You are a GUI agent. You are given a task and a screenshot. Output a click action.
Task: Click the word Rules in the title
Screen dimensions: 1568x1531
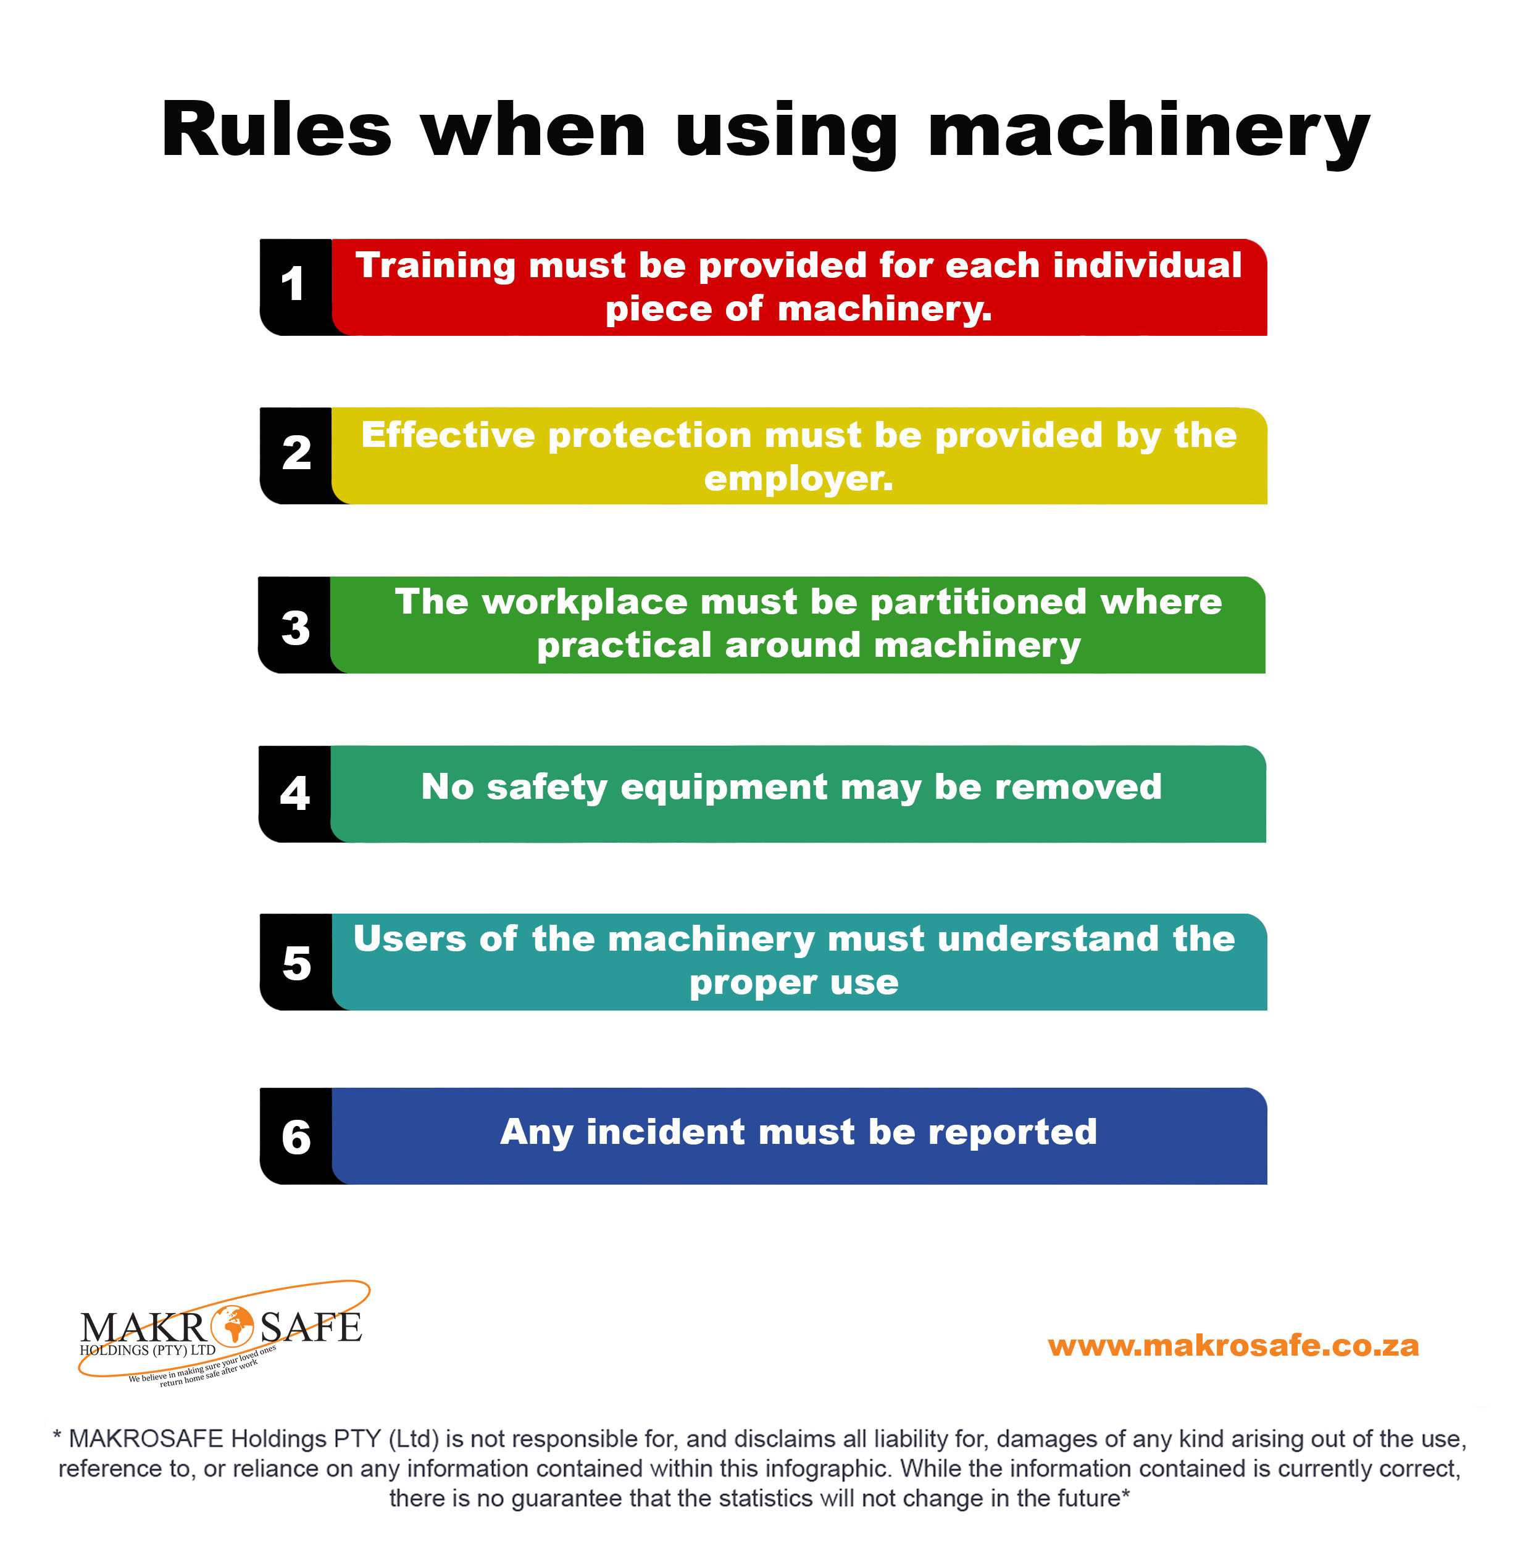[x=276, y=131]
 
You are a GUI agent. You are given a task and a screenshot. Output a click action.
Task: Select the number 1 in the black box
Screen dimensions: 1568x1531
[x=293, y=285]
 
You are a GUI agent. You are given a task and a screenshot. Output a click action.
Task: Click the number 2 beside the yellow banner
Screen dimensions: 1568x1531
[x=296, y=454]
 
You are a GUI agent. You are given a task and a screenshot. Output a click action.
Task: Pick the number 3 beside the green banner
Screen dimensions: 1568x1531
[x=295, y=628]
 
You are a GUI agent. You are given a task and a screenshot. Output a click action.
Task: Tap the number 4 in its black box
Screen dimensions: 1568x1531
[x=294, y=794]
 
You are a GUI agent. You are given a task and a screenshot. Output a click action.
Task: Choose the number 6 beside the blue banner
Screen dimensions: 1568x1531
[x=296, y=1137]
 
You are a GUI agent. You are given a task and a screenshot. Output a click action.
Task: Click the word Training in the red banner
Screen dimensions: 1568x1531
[x=434, y=265]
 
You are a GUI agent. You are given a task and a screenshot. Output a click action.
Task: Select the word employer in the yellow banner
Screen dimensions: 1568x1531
[x=797, y=479]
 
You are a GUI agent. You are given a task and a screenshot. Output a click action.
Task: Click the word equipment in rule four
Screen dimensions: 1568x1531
[x=724, y=787]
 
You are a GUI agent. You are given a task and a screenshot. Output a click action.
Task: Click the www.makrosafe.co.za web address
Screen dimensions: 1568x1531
[x=1233, y=1345]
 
